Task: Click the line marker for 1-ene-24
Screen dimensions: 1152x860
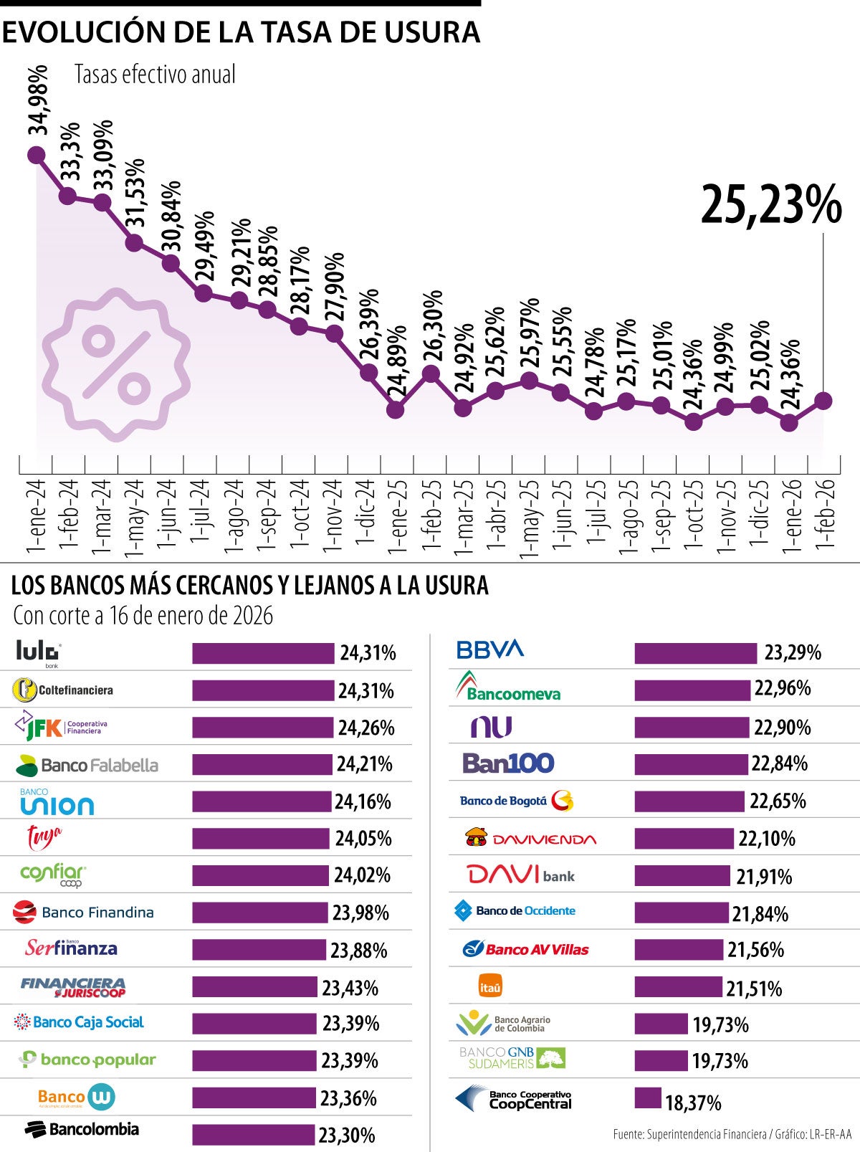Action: coord(36,155)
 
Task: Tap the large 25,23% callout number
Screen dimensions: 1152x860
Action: coord(770,206)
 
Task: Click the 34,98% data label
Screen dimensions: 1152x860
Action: coord(39,100)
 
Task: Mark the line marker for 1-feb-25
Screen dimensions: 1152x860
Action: coord(431,373)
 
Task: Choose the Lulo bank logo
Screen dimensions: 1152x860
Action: coord(39,652)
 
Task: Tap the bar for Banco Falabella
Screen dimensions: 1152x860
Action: coord(262,764)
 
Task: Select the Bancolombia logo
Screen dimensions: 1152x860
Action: coord(82,1129)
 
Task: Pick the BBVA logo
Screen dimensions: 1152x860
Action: coord(490,649)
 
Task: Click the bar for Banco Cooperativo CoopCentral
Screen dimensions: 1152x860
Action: coord(647,1098)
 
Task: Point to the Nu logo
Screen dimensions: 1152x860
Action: coord(491,727)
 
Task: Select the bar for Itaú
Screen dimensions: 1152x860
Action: coord(677,987)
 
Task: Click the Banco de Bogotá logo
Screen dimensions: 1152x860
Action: coord(516,800)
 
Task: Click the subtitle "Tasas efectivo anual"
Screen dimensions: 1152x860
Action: coord(155,75)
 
